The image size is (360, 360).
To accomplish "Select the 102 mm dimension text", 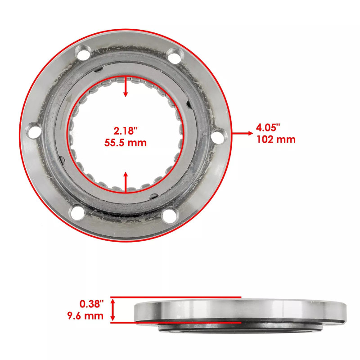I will coord(276,139).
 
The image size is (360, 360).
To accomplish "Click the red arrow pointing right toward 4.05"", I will coord(243,133).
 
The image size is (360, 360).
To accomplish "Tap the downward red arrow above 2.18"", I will coord(126,88).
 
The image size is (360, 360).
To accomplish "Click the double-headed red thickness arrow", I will coord(113,310).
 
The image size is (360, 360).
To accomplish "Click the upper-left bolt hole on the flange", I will coord(83,56).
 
